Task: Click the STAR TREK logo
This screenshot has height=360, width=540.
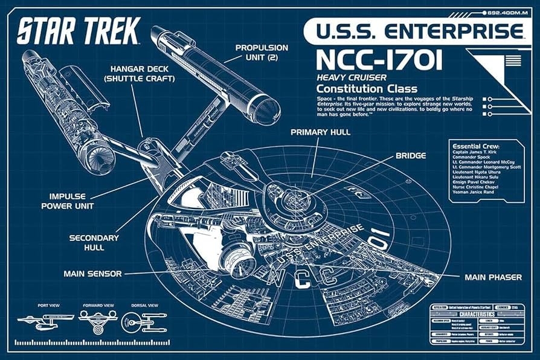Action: (x=79, y=30)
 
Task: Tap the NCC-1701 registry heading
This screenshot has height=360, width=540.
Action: (x=379, y=61)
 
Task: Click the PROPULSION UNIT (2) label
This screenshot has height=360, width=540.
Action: (x=262, y=52)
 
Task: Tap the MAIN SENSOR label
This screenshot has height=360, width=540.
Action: (x=92, y=274)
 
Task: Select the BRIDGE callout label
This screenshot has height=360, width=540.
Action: (x=411, y=155)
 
